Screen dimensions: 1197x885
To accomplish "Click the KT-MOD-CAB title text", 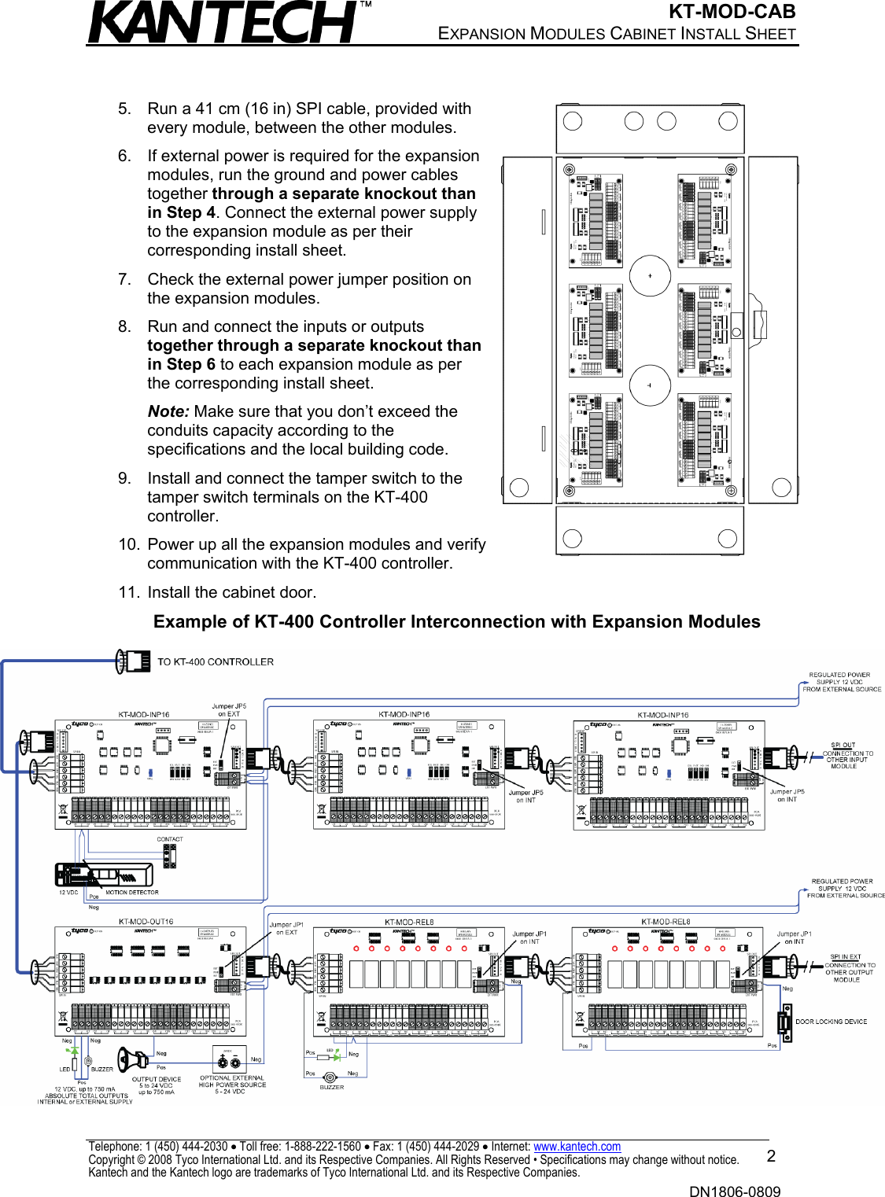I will pos(732,12).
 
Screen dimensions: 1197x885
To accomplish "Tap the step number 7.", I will pos(124,279).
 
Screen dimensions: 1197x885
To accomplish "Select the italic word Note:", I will pos(168,411).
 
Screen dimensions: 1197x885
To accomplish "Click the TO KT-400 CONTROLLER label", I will pos(216,662).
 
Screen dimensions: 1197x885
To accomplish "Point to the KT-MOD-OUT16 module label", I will pos(146,921).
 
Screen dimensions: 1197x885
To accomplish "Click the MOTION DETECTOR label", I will pos(131,893).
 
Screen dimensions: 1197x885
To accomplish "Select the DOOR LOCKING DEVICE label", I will pos(831,1022).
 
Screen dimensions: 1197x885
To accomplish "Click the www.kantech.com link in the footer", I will pos(577,1147).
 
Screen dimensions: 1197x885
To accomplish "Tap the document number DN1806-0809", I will pos(735,1191).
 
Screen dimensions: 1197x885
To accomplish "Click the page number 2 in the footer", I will pos(771,1156).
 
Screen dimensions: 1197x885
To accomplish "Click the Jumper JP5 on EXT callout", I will pos(229,710).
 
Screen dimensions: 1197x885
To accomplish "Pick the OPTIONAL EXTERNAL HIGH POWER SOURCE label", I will pos(232,1085).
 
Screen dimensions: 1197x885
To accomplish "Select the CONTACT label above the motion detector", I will pos(170,839).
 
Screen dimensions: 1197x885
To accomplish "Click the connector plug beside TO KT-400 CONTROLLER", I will pos(134,661).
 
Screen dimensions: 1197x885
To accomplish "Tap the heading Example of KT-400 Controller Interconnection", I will pos(456,622).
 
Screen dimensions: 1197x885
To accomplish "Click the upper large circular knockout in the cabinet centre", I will pos(650,275).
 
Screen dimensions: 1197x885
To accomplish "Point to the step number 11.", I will pos(128,592).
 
